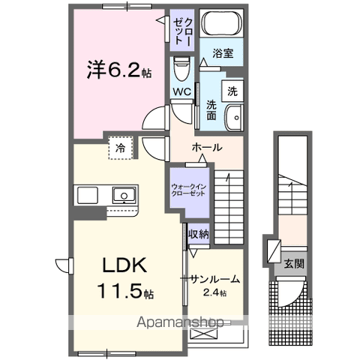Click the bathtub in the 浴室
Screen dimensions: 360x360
pos(222,23)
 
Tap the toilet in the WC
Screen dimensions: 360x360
pos(181,68)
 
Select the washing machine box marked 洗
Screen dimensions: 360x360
pos(232,91)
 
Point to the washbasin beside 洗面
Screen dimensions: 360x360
pos(234,118)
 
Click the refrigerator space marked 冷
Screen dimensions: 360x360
pos(121,148)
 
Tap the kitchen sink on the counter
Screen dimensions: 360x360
pos(124,195)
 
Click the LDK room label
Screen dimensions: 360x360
pos(124,265)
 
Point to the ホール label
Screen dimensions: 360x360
pos(207,148)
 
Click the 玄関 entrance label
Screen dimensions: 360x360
pos(294,263)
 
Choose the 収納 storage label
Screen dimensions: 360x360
pos(199,234)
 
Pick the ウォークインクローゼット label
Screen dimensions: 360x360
pos(189,190)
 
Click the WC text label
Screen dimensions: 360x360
pos(182,92)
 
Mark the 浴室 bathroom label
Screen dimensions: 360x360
pos(223,53)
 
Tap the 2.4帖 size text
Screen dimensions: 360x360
pos(215,292)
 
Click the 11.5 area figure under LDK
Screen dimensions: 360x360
pos(120,291)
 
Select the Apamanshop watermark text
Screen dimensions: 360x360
pos(180,322)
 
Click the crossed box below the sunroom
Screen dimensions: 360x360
pos(202,334)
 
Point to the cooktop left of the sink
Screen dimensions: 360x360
pos(88,195)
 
